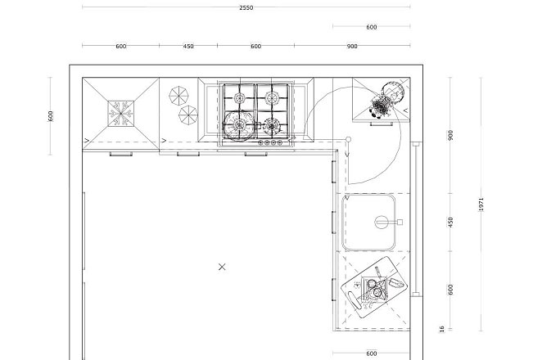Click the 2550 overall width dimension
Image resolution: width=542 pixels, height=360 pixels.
pyautogui.click(x=246, y=7)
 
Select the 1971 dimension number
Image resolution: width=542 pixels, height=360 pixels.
pyautogui.click(x=481, y=205)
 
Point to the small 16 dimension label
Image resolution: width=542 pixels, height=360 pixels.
pyautogui.click(x=442, y=329)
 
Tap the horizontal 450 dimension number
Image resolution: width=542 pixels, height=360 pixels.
pyautogui.click(x=188, y=47)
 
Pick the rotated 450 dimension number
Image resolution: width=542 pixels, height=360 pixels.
pyautogui.click(x=450, y=223)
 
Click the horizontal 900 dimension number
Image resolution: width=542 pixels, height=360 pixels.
pyautogui.click(x=352, y=47)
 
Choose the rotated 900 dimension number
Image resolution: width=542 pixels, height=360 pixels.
pyautogui.click(x=450, y=136)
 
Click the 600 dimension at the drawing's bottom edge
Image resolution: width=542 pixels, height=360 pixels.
pyautogui.click(x=371, y=353)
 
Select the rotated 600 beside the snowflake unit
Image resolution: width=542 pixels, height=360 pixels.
pyautogui.click(x=51, y=116)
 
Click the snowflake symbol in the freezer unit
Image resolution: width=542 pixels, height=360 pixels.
pyautogui.click(x=120, y=114)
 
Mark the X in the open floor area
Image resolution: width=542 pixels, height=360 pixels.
pyautogui.click(x=222, y=267)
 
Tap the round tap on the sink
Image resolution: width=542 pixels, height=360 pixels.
pyautogui.click(x=382, y=223)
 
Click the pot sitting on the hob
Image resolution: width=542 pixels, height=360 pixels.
pyautogui.click(x=239, y=125)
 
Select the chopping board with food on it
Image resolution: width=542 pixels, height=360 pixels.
pyautogui.click(x=374, y=287)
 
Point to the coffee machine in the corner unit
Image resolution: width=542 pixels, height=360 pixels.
pyautogui.click(x=386, y=100)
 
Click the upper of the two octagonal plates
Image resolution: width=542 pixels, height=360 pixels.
pyautogui.click(x=178, y=96)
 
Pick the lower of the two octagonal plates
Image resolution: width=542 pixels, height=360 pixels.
pyautogui.click(x=188, y=115)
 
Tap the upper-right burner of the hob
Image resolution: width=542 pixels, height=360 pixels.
pyautogui.click(x=272, y=98)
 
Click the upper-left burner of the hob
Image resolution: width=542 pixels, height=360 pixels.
pyautogui.click(x=239, y=98)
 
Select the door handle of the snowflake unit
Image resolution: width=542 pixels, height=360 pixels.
pyautogui.click(x=120, y=154)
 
